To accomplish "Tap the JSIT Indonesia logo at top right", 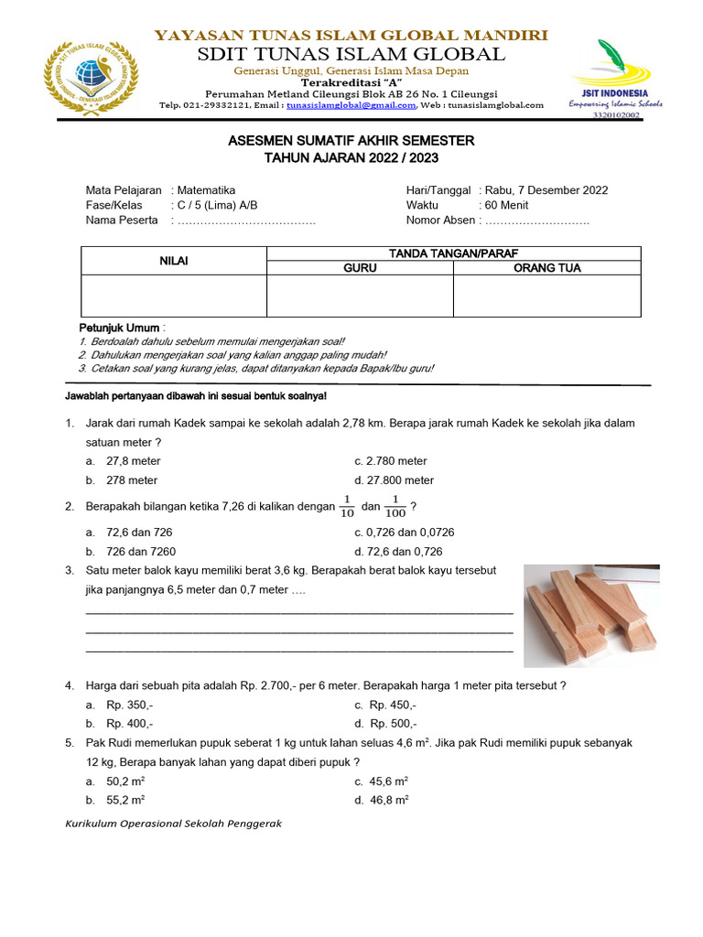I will [x=613, y=78].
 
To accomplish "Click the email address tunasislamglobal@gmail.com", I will [x=351, y=105].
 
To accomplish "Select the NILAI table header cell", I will [x=174, y=261].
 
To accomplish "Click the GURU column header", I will [x=360, y=268].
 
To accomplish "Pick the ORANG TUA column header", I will [x=546, y=268].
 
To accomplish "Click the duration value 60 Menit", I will [x=503, y=205].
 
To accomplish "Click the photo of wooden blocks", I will [x=591, y=615].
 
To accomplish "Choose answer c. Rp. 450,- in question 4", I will [x=385, y=705].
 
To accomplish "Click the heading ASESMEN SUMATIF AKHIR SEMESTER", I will [x=351, y=141].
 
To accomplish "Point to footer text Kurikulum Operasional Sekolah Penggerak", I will [x=174, y=824].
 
